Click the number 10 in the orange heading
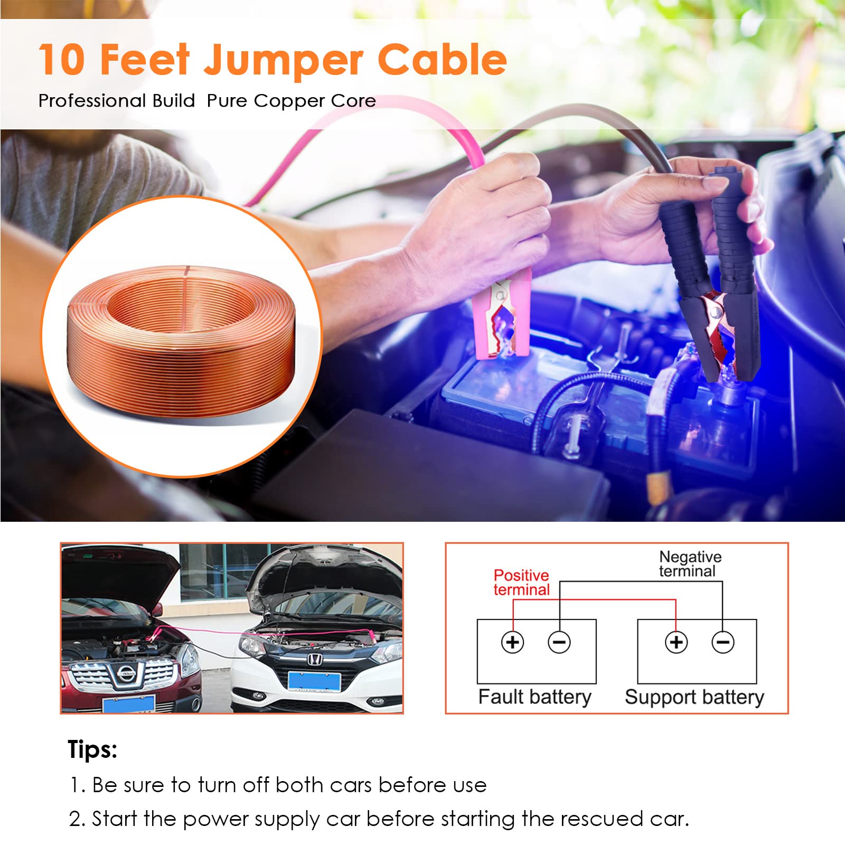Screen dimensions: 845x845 pos(62,59)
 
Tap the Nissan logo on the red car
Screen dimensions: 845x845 pos(125,673)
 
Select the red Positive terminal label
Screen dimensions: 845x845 pos(521,583)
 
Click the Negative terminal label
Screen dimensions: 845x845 pos(690,564)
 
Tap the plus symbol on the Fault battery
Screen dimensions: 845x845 pos(512,642)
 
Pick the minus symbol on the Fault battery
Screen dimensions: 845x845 pos(559,642)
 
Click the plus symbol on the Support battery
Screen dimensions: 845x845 pos(676,642)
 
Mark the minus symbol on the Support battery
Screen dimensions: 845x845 pos(723,642)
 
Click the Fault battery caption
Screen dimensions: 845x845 pos(534,697)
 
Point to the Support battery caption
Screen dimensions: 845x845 pos(694,697)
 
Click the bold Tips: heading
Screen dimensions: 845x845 pos(92,749)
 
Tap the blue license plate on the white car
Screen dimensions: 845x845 pos(314,681)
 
